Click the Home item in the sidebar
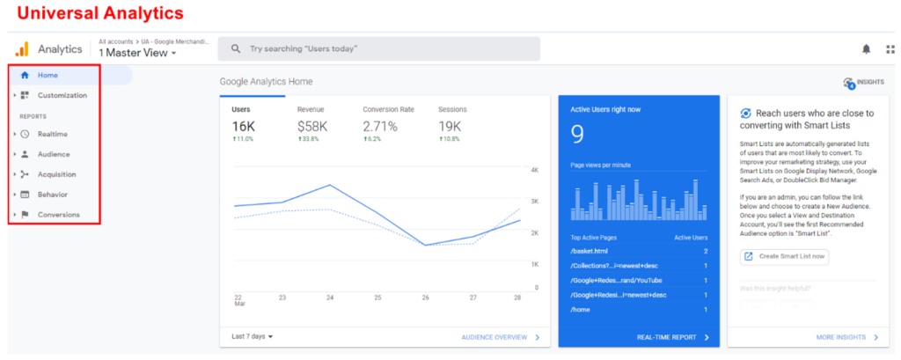tap(48, 75)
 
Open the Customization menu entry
tap(62, 95)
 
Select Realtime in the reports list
tap(53, 134)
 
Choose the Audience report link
tap(54, 154)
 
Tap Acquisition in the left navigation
tap(56, 174)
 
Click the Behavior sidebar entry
tap(53, 195)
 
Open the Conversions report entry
tap(58, 215)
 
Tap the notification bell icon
tap(867, 49)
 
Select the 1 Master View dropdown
tap(137, 54)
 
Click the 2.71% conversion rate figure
tap(380, 126)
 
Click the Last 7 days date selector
tap(253, 336)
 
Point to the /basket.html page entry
tap(590, 252)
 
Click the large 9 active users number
tap(578, 134)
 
